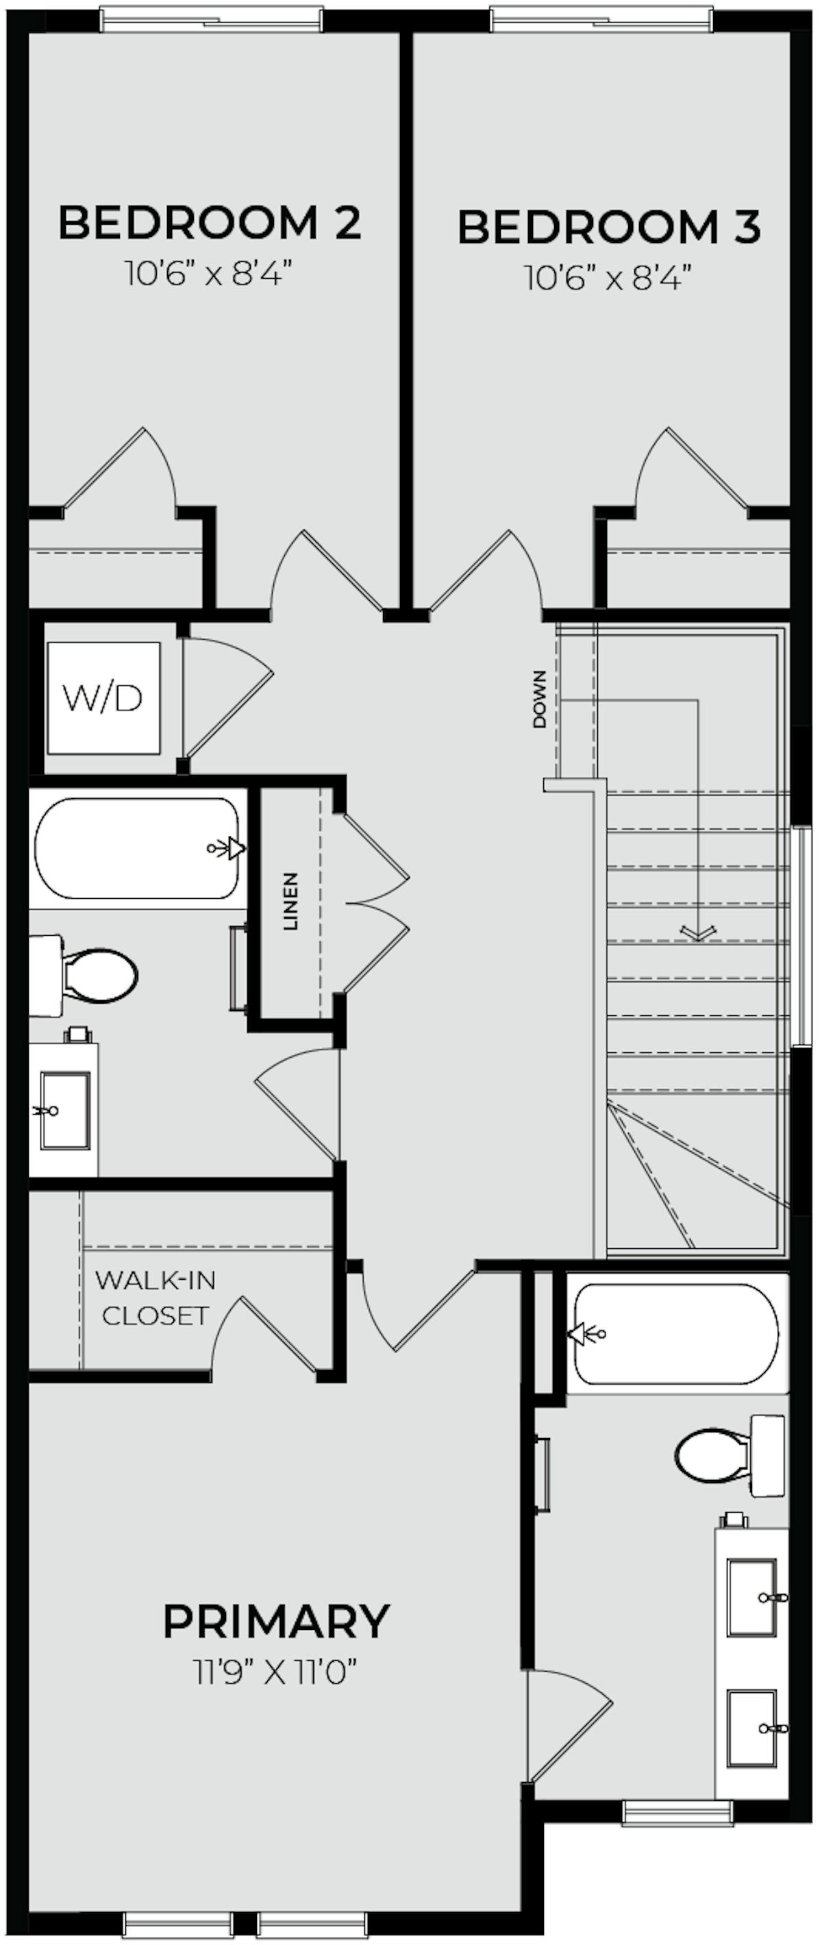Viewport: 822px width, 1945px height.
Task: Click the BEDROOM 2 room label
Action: coord(210,223)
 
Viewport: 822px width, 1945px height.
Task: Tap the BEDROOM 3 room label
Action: coord(609,227)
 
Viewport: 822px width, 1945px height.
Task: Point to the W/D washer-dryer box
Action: coord(103,697)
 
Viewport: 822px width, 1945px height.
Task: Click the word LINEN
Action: coord(291,901)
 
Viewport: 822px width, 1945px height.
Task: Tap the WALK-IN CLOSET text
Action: coord(155,1298)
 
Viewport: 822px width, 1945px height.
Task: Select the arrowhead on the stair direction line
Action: coord(697,933)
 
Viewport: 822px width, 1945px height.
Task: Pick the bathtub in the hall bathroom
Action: coord(138,849)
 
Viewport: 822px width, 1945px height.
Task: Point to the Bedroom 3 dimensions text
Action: coord(609,280)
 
